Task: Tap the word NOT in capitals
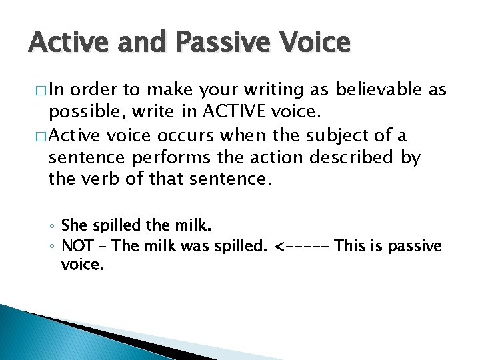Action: pos(77,246)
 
